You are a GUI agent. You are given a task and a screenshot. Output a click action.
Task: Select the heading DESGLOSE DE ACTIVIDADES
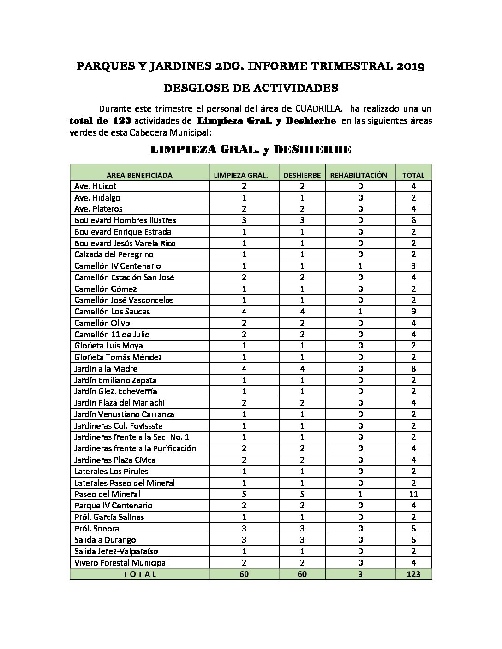(251, 88)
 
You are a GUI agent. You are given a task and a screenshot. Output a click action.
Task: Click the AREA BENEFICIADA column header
(139, 175)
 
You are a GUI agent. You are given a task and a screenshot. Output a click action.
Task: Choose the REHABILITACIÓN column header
(360, 175)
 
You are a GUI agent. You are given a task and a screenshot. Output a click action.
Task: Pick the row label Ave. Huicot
(96, 186)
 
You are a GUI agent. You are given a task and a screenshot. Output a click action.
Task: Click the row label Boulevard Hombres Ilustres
(125, 220)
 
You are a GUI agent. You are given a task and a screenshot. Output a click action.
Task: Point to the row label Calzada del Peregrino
(114, 254)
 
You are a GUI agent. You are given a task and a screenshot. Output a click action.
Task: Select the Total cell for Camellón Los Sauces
(413, 312)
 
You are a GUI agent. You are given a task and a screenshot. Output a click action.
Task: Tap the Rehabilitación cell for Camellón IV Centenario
(360, 266)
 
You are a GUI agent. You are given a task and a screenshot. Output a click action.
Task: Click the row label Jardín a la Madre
(106, 369)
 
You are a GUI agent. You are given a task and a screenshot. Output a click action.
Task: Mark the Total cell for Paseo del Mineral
(413, 494)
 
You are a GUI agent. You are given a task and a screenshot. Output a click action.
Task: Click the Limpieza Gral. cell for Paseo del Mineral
(244, 494)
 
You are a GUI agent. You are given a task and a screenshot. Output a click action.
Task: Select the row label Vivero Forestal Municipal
(121, 563)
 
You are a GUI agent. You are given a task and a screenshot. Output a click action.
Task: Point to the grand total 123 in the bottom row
(413, 574)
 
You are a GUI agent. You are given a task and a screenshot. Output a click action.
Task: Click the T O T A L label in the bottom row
(139, 574)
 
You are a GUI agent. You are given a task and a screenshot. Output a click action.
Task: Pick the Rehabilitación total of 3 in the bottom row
(360, 574)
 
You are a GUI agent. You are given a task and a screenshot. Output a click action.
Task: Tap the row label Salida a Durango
(105, 540)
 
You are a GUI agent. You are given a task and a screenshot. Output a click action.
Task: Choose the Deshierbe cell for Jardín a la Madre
(302, 369)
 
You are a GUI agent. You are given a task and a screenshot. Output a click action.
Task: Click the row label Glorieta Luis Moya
(108, 346)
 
